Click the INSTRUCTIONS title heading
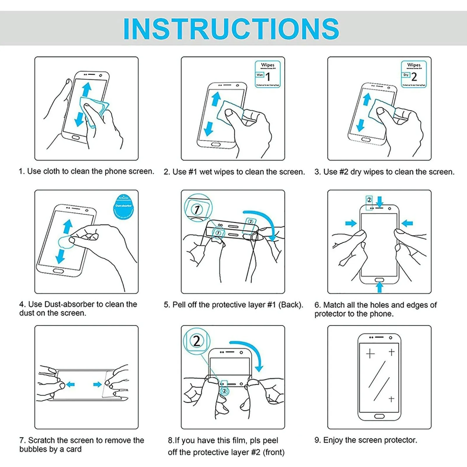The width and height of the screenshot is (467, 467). click(x=231, y=29)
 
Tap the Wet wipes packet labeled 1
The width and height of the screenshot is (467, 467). click(x=268, y=74)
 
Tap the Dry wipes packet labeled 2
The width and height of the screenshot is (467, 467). click(x=414, y=74)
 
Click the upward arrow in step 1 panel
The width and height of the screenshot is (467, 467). click(x=86, y=89)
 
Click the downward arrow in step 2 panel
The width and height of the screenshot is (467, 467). click(x=209, y=129)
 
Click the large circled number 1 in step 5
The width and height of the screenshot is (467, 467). click(x=197, y=209)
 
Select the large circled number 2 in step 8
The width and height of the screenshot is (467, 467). click(x=196, y=341)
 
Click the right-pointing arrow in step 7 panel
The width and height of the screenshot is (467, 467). click(x=97, y=384)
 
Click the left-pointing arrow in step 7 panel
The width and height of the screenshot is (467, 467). click(x=70, y=384)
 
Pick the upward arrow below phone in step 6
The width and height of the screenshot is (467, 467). click(x=379, y=287)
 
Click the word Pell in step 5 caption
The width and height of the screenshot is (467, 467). click(x=179, y=305)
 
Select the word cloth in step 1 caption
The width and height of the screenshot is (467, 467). click(x=51, y=171)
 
